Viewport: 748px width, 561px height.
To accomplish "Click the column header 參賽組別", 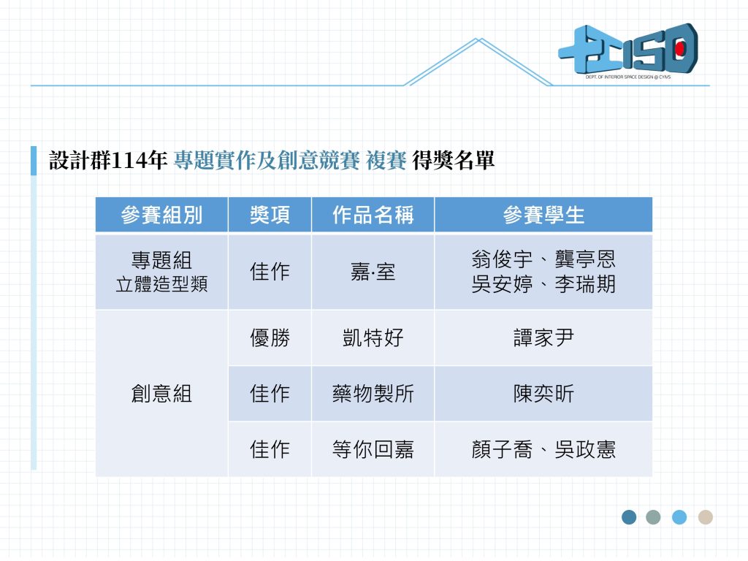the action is (x=161, y=215).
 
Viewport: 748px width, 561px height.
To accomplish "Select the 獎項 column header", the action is (x=270, y=215).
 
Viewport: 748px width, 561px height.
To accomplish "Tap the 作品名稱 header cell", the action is (x=373, y=215).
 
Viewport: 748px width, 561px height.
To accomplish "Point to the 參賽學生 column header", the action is (x=543, y=215).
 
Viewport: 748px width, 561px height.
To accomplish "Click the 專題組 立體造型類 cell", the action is (x=161, y=272).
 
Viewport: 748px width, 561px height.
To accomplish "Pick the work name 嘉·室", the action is (x=373, y=272).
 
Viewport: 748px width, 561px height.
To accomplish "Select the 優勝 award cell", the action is (x=270, y=337).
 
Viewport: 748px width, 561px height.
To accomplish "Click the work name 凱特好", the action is (x=373, y=337).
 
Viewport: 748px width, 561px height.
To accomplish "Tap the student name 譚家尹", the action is (x=543, y=337).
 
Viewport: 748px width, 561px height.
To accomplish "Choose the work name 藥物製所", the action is (x=373, y=394).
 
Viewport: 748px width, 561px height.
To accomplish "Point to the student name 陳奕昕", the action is (x=543, y=394).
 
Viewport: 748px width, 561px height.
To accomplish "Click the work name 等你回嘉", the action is (x=373, y=449).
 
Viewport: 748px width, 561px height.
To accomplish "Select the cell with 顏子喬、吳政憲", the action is (x=543, y=449).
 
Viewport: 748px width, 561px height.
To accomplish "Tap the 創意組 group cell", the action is (x=161, y=394).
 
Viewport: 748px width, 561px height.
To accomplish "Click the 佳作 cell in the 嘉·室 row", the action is (x=270, y=272).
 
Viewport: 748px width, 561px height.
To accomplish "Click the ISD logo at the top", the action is (x=628, y=50).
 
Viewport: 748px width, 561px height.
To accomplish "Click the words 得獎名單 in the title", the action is (x=453, y=160).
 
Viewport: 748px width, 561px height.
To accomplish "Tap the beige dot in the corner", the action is (x=705, y=517).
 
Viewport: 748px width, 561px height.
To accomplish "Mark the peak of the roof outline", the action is (x=479, y=39).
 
